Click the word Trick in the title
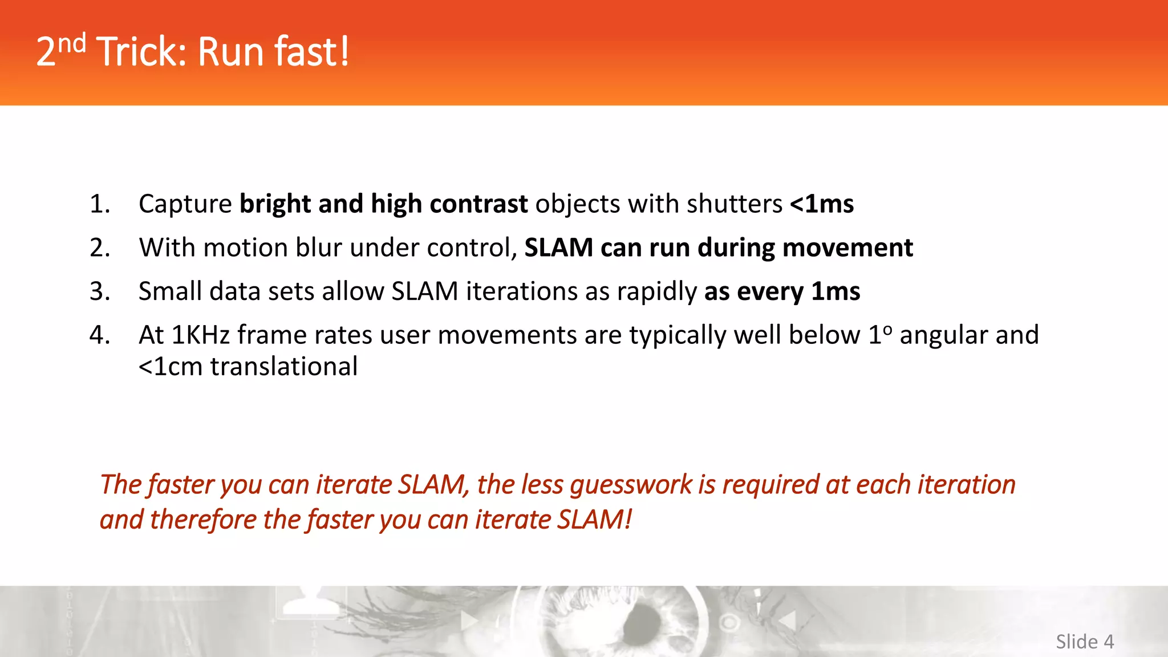coord(141,52)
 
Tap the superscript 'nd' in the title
coord(72,43)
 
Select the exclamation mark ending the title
coord(344,52)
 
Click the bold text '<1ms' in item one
coord(821,204)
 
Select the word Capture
coord(185,204)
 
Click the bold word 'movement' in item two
coord(847,248)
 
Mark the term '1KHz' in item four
coord(200,335)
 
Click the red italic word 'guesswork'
coord(631,485)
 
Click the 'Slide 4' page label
coord(1084,642)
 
